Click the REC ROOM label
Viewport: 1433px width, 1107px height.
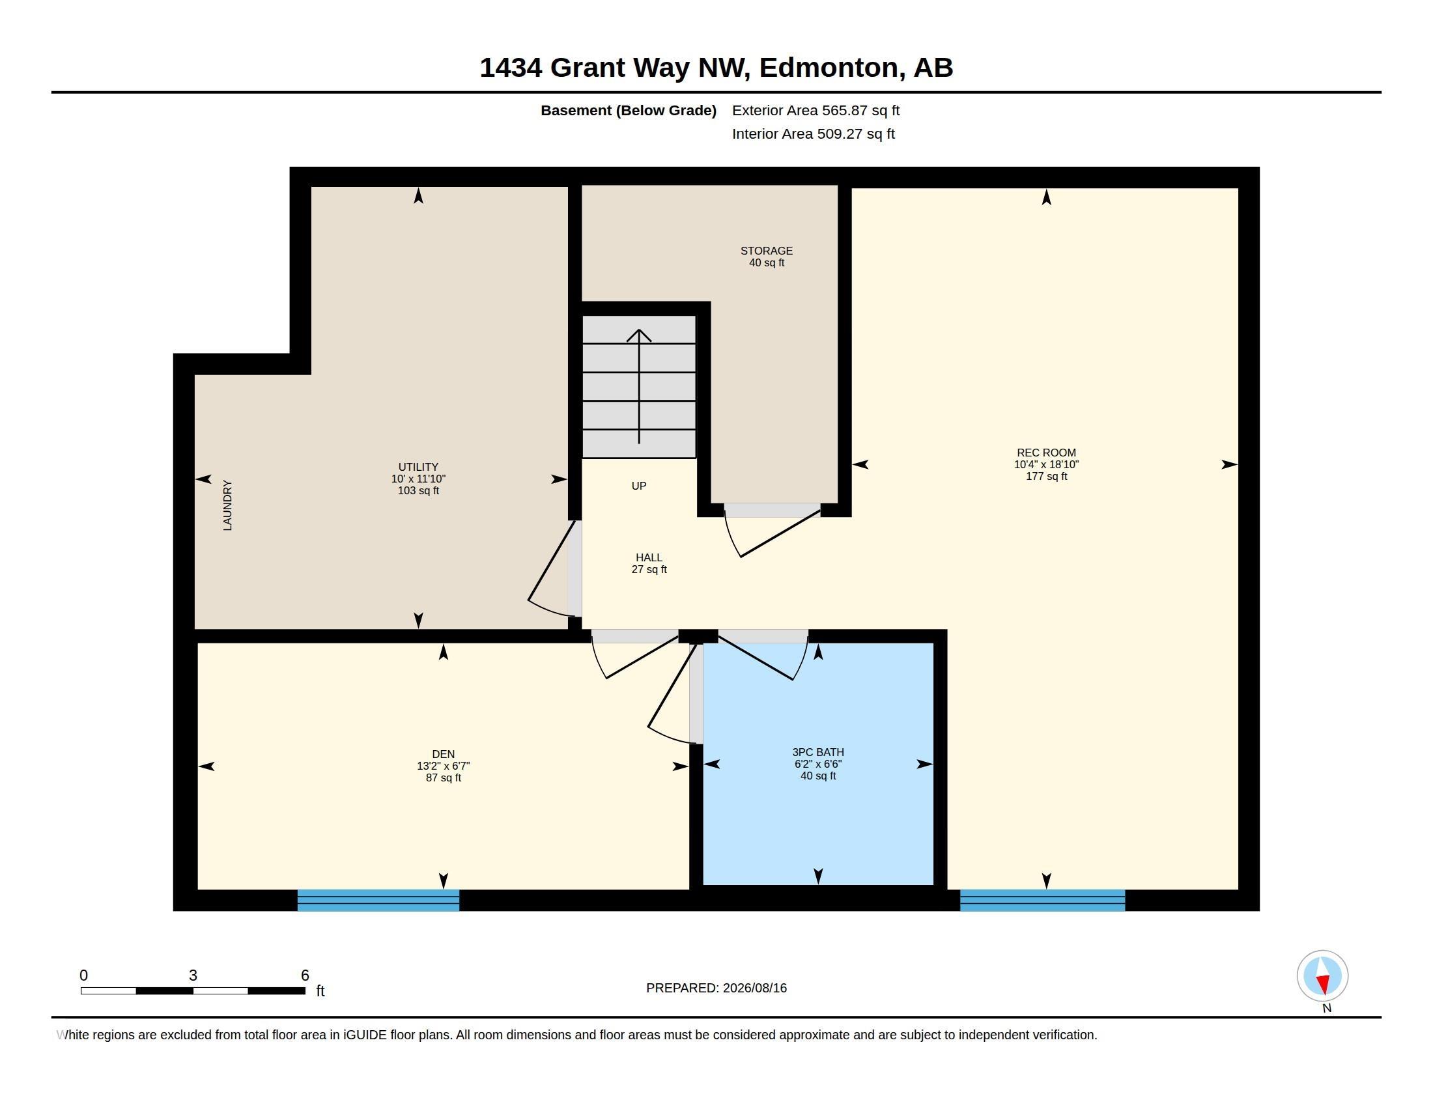click(x=1046, y=453)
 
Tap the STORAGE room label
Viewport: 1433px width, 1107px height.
click(x=767, y=251)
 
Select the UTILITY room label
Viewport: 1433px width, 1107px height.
click(x=418, y=467)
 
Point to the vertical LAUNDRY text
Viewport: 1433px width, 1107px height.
click(x=227, y=505)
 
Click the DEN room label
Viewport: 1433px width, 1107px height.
click(x=443, y=754)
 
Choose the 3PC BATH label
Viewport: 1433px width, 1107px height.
click(x=817, y=752)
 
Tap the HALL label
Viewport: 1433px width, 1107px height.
click(x=649, y=557)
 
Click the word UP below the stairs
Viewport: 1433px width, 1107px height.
click(x=638, y=486)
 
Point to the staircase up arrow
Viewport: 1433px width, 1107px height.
click(x=639, y=387)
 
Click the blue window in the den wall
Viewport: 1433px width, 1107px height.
click(x=378, y=901)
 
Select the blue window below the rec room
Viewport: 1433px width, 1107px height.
click(x=1043, y=901)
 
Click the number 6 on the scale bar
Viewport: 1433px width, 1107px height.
click(x=305, y=975)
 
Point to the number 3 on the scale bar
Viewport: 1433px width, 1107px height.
click(x=193, y=975)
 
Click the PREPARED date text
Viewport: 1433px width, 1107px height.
click(x=716, y=988)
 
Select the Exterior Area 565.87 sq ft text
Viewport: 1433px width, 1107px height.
click(x=816, y=110)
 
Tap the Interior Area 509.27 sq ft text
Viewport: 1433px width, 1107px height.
click(x=813, y=133)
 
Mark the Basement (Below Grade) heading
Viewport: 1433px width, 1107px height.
click(x=628, y=110)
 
